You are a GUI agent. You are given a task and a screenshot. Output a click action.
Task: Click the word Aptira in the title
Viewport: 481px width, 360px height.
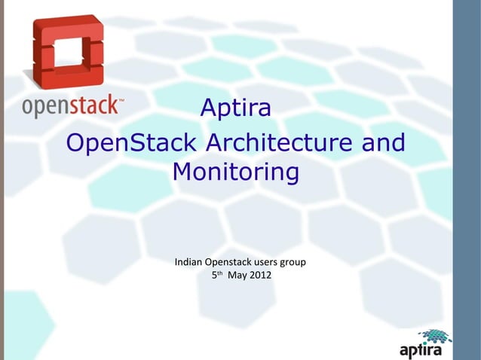click(235, 110)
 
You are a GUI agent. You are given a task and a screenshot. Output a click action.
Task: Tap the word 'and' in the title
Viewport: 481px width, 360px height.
click(381, 142)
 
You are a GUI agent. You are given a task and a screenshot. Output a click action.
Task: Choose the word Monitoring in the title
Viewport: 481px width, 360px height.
click(235, 173)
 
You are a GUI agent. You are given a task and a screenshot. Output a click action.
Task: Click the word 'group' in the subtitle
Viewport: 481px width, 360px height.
click(297, 263)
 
